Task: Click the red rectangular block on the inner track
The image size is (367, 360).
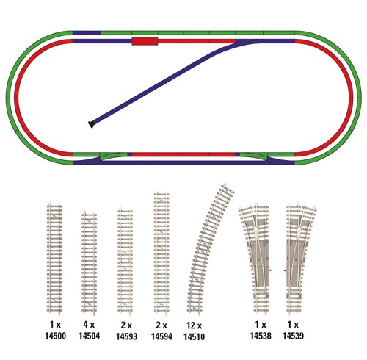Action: (145, 41)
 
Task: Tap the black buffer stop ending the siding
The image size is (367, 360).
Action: (91, 124)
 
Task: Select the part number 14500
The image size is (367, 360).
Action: (55, 336)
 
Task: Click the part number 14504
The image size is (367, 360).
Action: (89, 336)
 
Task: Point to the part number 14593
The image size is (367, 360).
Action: (126, 336)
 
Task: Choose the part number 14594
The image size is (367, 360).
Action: (161, 336)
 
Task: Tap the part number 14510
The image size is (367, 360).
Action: (194, 336)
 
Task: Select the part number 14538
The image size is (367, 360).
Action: (261, 336)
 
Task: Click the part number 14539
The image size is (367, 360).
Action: (293, 336)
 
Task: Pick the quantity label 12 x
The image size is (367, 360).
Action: (194, 325)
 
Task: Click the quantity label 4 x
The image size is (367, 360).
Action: (89, 325)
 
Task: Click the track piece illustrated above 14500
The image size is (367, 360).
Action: (54, 257)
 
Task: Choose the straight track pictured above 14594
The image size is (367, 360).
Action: (161, 252)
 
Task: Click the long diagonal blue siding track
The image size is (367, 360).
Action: (161, 82)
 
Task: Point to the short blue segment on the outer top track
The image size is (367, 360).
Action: (87, 32)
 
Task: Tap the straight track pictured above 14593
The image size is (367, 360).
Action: (125, 262)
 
